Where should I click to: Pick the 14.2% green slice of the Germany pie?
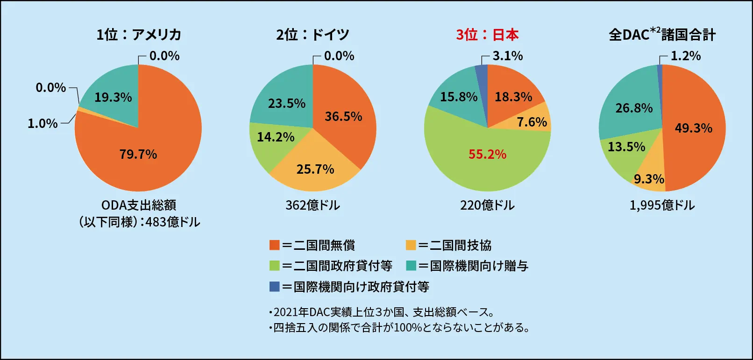pos(273,140)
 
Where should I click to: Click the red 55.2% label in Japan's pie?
pos(487,155)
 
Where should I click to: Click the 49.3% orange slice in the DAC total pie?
pos(694,128)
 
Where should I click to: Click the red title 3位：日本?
pos(487,35)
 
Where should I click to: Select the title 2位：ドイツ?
pos(313,35)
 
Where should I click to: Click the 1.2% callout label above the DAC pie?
pos(685,56)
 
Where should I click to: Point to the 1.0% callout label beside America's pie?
pos(43,124)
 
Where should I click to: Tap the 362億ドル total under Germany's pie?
pos(313,205)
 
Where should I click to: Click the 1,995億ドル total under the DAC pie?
pos(662,205)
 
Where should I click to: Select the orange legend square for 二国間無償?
pos(274,245)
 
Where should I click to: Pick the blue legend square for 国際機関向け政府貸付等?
pos(274,286)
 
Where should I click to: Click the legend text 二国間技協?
pos(460,245)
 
